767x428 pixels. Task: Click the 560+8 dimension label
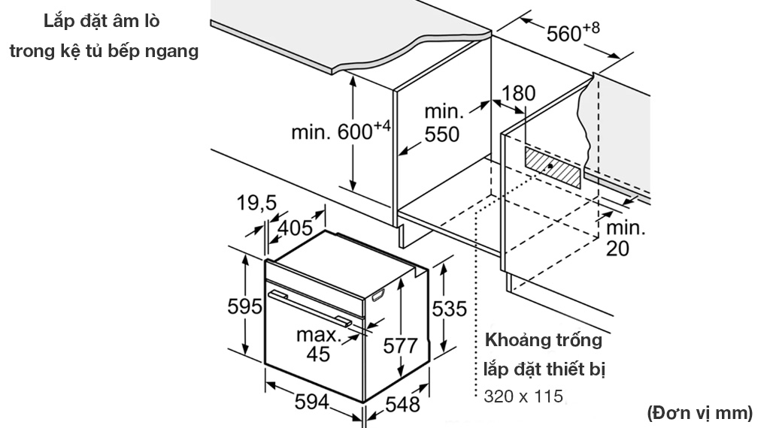pyautogui.click(x=573, y=33)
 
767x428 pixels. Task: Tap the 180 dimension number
pyautogui.click(x=519, y=93)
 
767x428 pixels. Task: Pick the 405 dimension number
pyautogui.click(x=296, y=227)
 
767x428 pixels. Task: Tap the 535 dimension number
pyautogui.click(x=450, y=308)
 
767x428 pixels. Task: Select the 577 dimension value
pyautogui.click(x=399, y=346)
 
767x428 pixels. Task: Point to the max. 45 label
pyautogui.click(x=318, y=344)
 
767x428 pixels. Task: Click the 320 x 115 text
pyautogui.click(x=523, y=396)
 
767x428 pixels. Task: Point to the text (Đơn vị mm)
pyautogui.click(x=699, y=411)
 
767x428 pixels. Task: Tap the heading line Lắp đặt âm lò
pyautogui.click(x=101, y=20)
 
